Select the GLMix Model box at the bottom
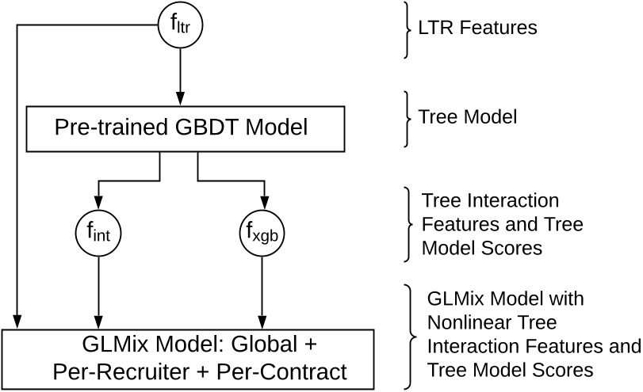(x=188, y=358)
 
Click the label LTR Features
(x=477, y=29)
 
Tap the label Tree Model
(x=468, y=117)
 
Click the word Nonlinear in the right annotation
(x=471, y=325)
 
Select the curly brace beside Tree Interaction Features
(x=407, y=224)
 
